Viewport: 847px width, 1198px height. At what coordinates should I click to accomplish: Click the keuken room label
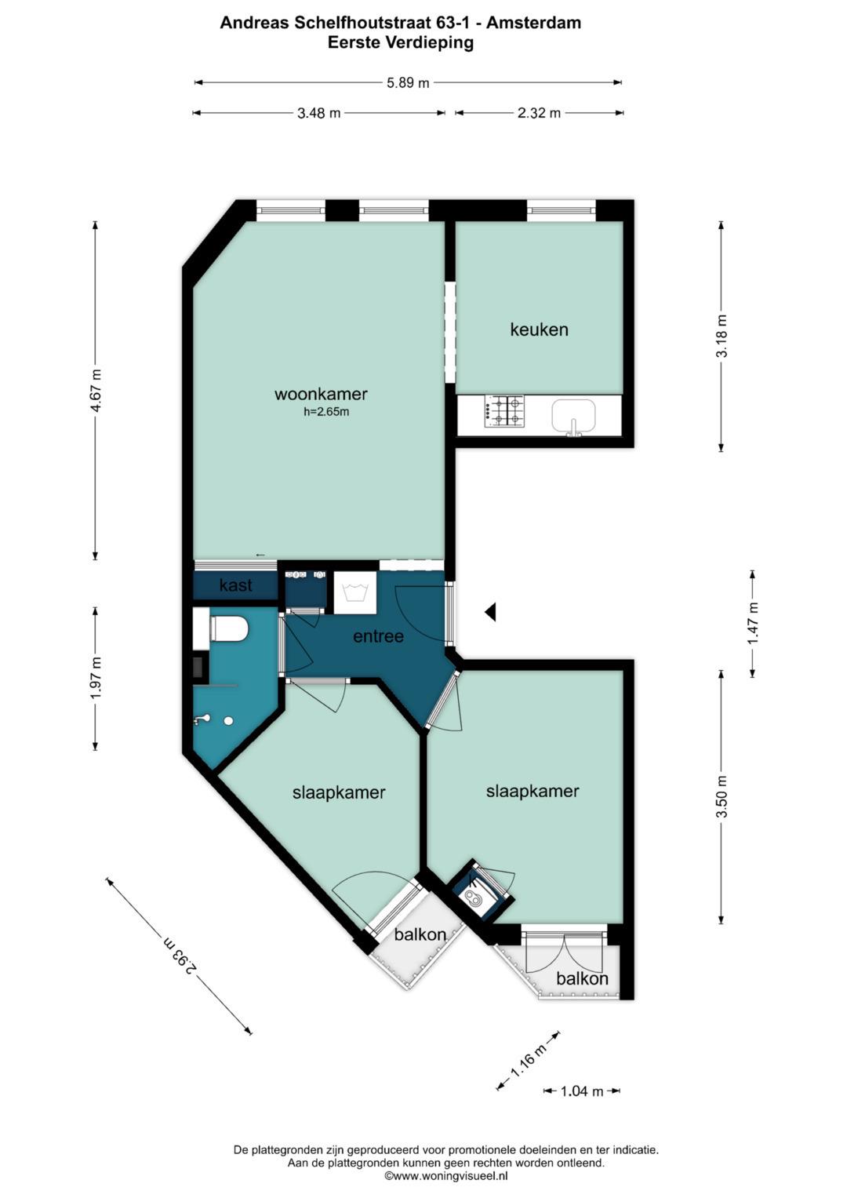point(539,330)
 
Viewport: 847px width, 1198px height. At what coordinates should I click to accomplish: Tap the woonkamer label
point(321,394)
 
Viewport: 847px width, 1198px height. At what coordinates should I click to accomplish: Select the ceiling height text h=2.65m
point(326,412)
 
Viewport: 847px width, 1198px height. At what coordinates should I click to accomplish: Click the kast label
point(235,585)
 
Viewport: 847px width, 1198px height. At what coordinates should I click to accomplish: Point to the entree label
point(378,636)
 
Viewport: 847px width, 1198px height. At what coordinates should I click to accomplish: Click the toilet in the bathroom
point(230,629)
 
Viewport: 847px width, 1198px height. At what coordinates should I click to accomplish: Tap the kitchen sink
point(573,415)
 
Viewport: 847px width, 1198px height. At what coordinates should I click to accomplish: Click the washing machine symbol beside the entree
point(354,592)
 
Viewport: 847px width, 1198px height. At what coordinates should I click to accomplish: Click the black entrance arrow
point(490,611)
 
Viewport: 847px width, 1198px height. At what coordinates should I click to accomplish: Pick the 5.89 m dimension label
point(408,82)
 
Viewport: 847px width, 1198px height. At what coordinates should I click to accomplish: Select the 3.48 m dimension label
point(318,113)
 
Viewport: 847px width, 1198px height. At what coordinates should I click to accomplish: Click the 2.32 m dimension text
point(539,113)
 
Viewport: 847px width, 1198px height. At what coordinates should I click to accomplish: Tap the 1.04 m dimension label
point(582,1091)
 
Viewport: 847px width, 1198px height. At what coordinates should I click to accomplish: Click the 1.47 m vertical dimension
point(753,623)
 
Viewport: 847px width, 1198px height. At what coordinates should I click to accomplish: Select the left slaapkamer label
point(339,792)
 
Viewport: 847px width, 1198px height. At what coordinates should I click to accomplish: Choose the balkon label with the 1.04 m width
point(582,978)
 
